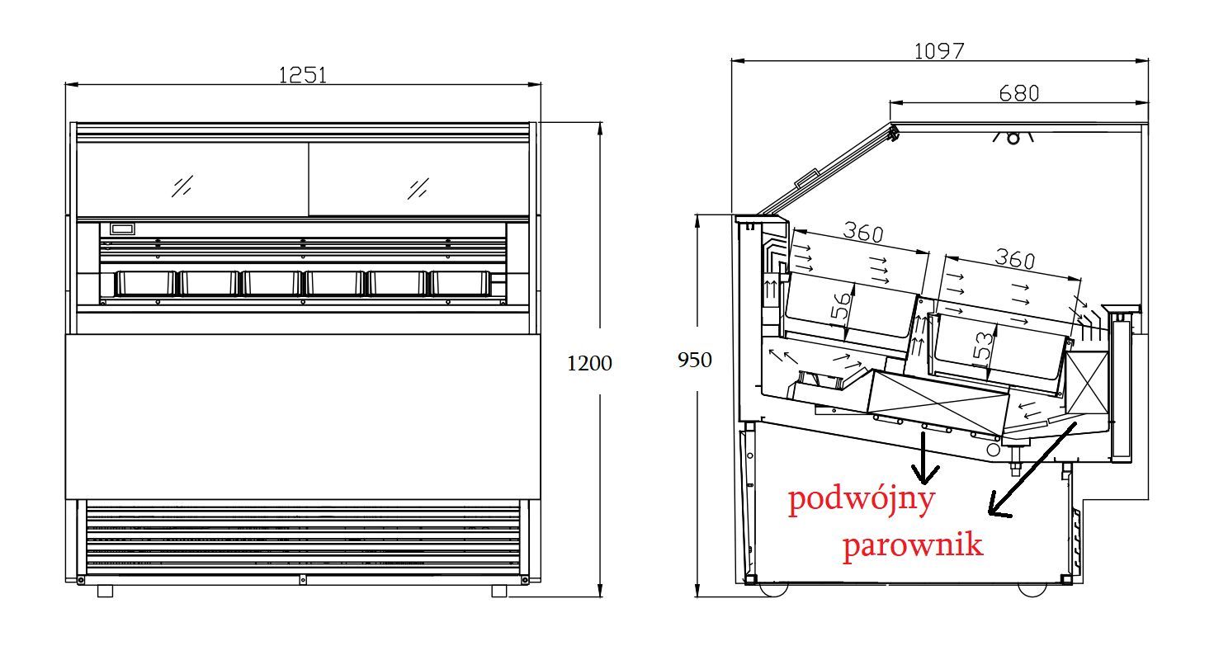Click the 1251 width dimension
click(302, 75)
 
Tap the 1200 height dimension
click(589, 363)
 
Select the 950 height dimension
click(694, 360)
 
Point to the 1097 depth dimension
click(939, 51)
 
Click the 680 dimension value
click(1019, 93)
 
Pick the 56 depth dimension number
click(842, 306)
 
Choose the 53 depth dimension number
click(985, 346)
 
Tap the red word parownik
click(913, 545)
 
